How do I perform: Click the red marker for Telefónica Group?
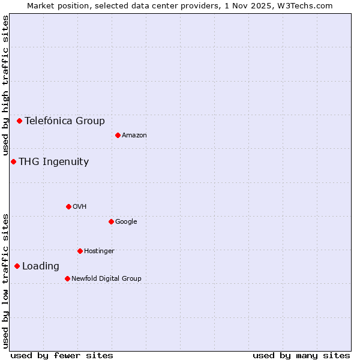pos(19,121)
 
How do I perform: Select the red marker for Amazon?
pos(118,135)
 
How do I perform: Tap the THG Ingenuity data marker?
pos(13,161)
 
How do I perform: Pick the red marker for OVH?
pos(68,206)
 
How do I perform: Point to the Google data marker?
pos(111,221)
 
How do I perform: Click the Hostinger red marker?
pos(80,251)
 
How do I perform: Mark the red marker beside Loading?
pos(17,266)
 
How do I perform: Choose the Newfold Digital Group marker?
pos(67,278)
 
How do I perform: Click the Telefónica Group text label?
pos(65,121)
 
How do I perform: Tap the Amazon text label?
pos(134,135)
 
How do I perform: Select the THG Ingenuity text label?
pos(53,161)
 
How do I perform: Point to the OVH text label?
pos(80,206)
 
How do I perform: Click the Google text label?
pos(126,221)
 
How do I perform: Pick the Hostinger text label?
pos(99,251)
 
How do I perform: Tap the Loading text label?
pos(41,266)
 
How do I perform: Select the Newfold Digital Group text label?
pos(106,278)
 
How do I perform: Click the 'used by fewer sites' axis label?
pos(62,355)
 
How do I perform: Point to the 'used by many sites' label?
pos(301,355)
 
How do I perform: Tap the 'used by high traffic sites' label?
pos(5,86)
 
